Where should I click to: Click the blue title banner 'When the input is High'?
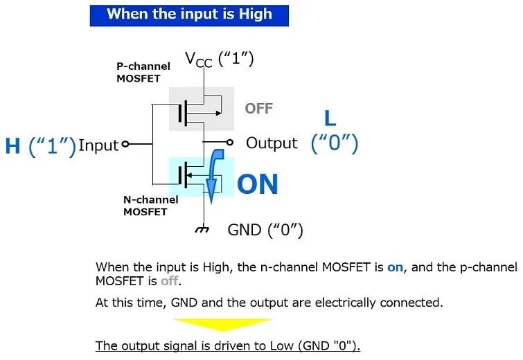pyautogui.click(x=189, y=15)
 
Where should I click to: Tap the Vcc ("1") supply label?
pyautogui.click(x=220, y=60)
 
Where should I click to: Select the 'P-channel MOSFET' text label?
pyautogui.click(x=143, y=72)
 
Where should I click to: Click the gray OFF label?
pyautogui.click(x=259, y=109)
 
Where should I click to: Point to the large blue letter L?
pyautogui.click(x=330, y=118)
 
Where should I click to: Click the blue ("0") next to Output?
pyautogui.click(x=334, y=144)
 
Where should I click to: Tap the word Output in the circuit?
pyautogui.click(x=272, y=143)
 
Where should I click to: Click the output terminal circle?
pyautogui.click(x=229, y=143)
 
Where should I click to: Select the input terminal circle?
pyautogui.click(x=125, y=144)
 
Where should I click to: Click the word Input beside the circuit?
pyautogui.click(x=98, y=145)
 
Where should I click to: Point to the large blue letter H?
pyautogui.click(x=12, y=146)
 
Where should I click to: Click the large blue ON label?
pyautogui.click(x=258, y=184)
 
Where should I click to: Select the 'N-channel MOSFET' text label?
pyautogui.click(x=151, y=206)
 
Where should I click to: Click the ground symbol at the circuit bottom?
pyautogui.click(x=202, y=229)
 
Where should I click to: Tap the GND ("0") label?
pyautogui.click(x=265, y=230)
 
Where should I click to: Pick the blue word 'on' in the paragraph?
pyautogui.click(x=396, y=267)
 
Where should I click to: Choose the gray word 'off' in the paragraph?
pyautogui.click(x=170, y=281)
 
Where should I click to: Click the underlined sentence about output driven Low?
pyautogui.click(x=228, y=345)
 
